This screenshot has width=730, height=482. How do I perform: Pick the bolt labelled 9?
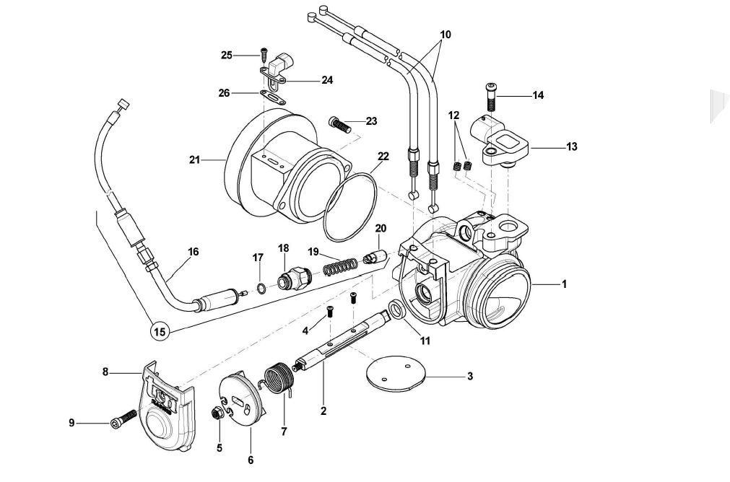(123, 419)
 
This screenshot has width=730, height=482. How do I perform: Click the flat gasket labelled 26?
(272, 95)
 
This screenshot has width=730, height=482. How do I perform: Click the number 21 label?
(194, 160)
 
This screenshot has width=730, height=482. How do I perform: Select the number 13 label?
(572, 147)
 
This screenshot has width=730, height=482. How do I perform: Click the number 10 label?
(446, 34)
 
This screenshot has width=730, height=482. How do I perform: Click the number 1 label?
(564, 284)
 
